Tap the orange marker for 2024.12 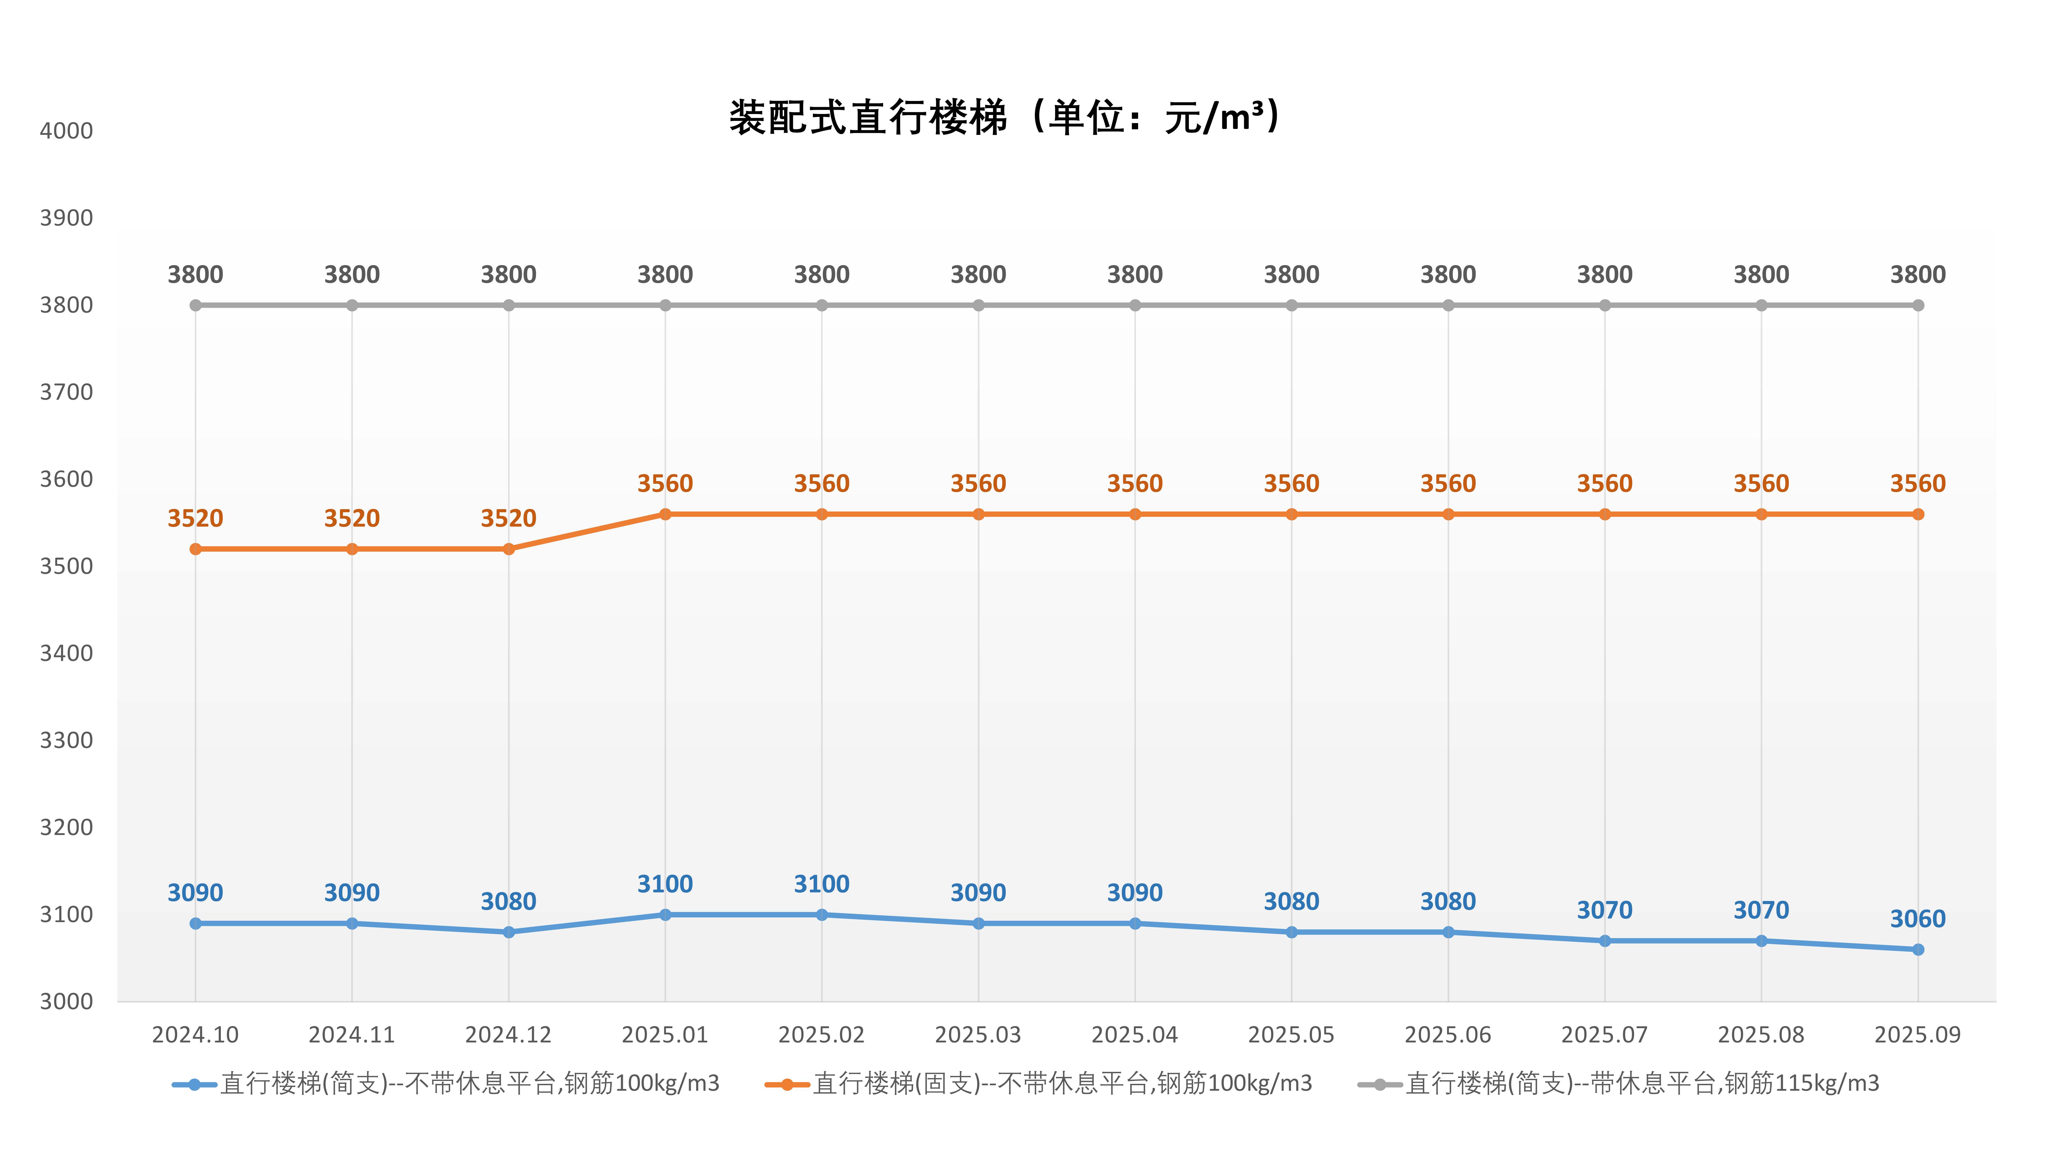509,549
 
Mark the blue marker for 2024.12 509,932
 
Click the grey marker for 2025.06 1448,305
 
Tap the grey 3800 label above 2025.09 1917,275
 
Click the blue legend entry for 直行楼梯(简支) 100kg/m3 469,1084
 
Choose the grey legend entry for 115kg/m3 1642,1084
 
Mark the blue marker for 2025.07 1604,941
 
